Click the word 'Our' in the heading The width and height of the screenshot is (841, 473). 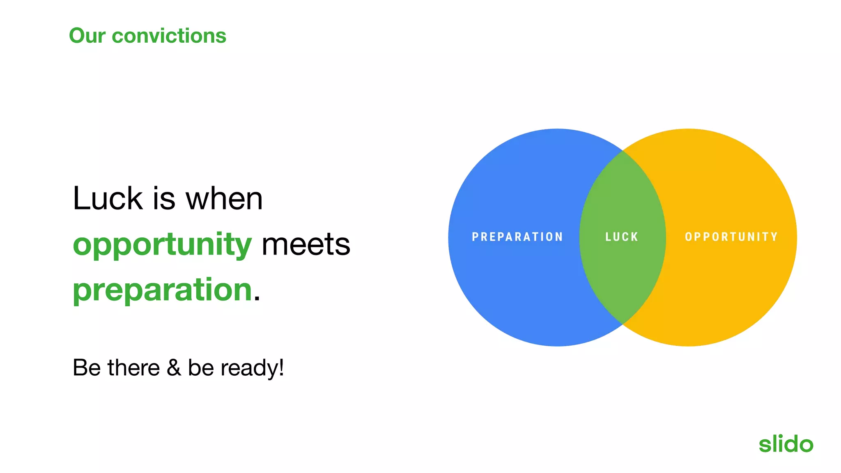87,36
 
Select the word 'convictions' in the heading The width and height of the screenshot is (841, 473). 169,36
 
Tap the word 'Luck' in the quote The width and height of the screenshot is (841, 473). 108,199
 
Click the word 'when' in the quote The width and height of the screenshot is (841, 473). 224,199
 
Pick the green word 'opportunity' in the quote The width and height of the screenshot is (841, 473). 162,245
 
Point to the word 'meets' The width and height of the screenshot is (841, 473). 306,244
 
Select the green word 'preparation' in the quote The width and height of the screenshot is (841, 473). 162,290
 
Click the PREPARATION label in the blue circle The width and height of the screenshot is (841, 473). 517,237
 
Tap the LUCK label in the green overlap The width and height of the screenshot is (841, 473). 622,237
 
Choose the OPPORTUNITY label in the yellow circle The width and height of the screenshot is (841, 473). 731,237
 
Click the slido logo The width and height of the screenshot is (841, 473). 786,444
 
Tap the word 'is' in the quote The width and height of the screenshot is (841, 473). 164,199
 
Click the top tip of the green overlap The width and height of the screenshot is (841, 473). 623,152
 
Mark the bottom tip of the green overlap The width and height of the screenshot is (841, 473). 623,324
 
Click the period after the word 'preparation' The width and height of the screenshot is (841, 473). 257,299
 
